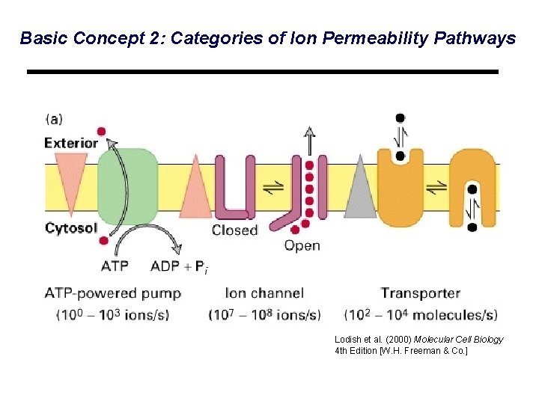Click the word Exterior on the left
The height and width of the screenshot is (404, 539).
tap(71, 142)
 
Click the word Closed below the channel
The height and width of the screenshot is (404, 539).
tap(234, 230)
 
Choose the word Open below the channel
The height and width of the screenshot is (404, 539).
tap(302, 246)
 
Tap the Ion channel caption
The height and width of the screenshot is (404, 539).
tap(264, 293)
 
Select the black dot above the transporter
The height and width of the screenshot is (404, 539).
tap(401, 118)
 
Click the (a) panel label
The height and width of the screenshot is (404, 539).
tap(55, 118)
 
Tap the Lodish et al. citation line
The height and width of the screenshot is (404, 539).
tap(419, 340)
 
